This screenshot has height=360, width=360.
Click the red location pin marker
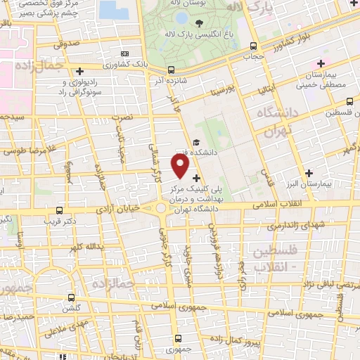pos(181,166)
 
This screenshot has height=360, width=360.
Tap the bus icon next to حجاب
pos(254,46)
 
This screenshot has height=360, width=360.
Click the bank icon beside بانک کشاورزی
pos(124,53)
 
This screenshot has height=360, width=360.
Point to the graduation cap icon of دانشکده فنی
pos(195,143)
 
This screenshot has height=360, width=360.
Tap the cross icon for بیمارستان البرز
pos(309,173)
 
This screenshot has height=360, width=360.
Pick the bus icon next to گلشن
pos(70,297)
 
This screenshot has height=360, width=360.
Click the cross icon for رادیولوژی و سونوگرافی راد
pos(79,71)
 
